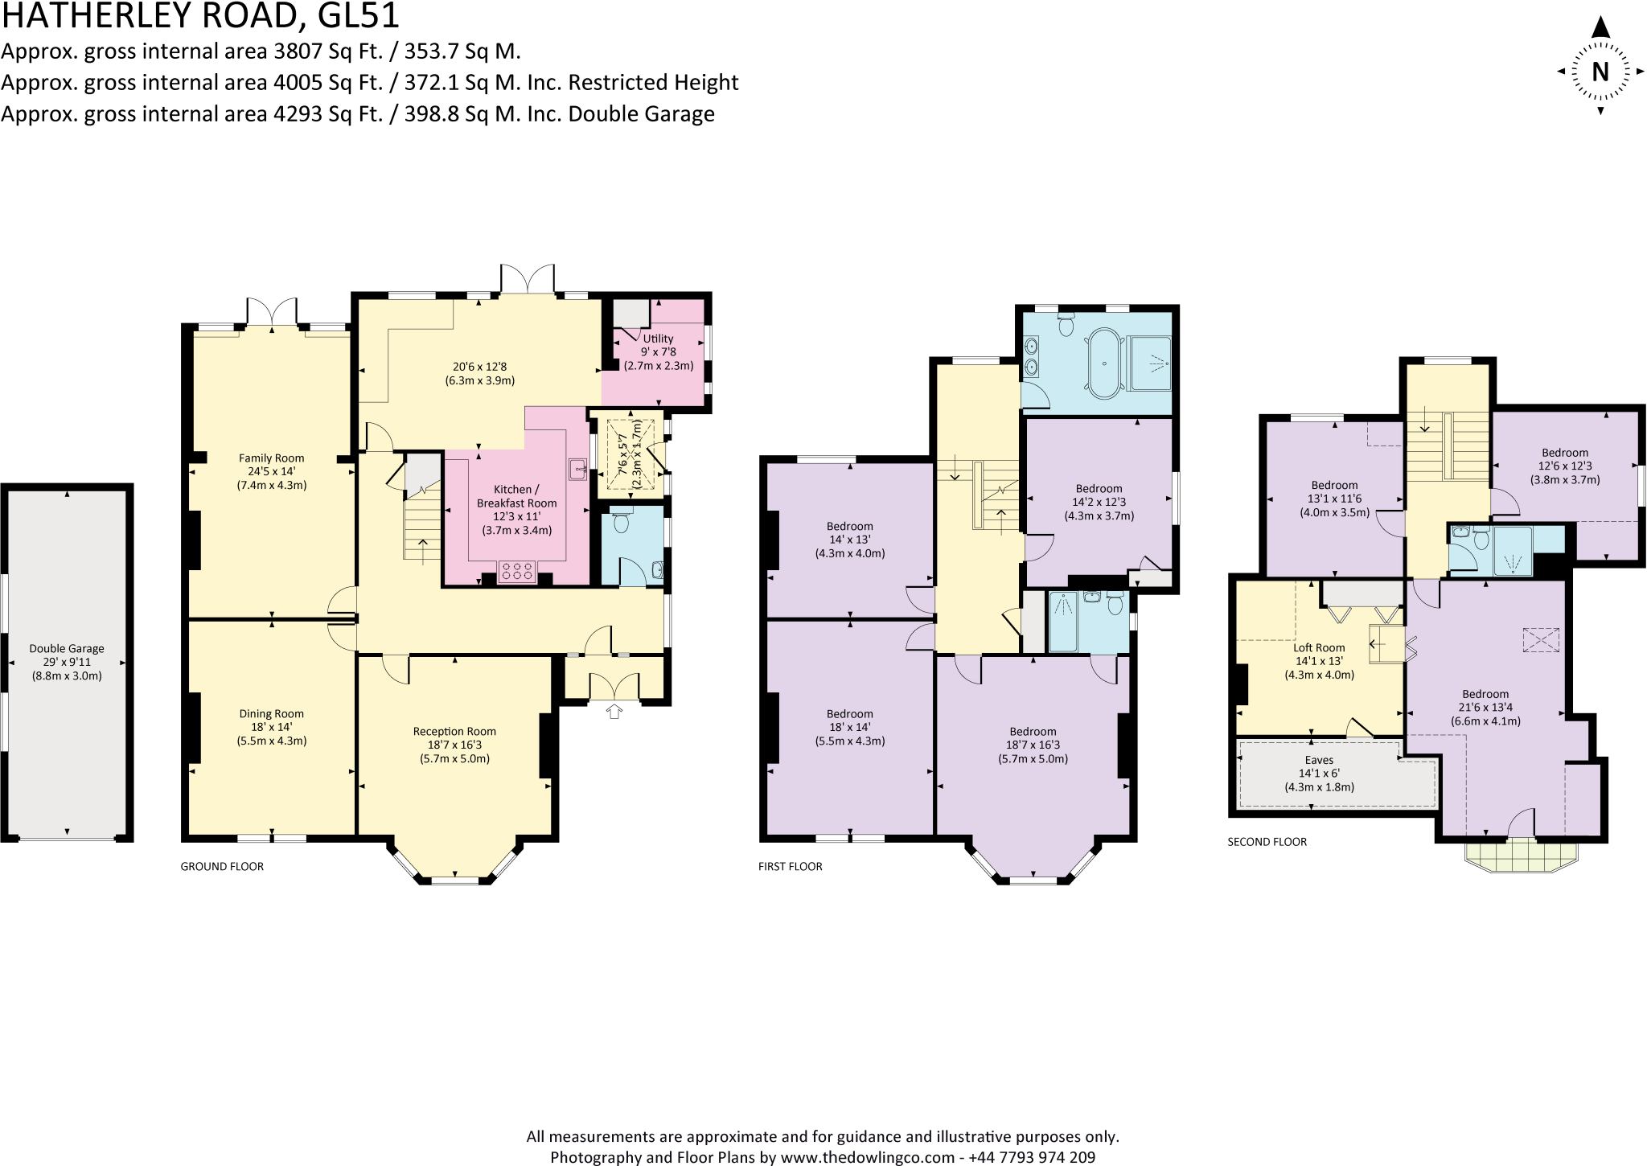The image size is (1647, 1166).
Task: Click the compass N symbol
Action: [x=1600, y=72]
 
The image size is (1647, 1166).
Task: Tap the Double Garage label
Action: [x=67, y=648]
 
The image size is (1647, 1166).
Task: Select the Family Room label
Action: [x=271, y=458]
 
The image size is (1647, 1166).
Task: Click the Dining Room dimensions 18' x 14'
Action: [x=271, y=727]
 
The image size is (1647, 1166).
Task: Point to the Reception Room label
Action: [x=454, y=731]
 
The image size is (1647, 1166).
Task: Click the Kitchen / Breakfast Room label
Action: [x=516, y=496]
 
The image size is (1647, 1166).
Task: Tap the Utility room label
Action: [x=658, y=339]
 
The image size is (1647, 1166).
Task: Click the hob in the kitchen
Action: [x=517, y=572]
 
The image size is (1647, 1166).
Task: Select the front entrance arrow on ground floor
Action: [x=614, y=711]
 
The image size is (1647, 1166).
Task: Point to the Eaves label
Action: [x=1319, y=760]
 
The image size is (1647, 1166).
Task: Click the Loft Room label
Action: [x=1319, y=647]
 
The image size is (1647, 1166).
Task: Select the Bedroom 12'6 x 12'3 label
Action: [x=1564, y=453]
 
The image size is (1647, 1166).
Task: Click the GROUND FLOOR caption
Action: [x=222, y=866]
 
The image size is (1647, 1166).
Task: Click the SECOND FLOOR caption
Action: [x=1267, y=842]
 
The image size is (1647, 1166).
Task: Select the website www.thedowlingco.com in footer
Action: [x=868, y=1157]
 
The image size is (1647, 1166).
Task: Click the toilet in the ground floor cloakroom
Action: [x=621, y=523]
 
